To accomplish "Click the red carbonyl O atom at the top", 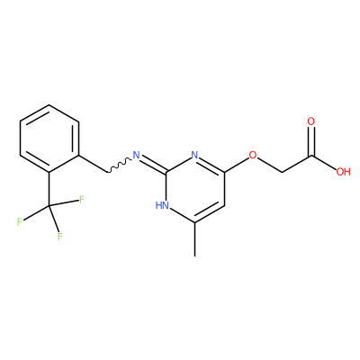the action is coord(311,121).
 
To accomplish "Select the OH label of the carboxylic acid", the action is coord(343,172).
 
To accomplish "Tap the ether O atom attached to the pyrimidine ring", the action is coord(253,155).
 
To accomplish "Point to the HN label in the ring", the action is coord(162,205).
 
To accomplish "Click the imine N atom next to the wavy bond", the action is coord(137,155).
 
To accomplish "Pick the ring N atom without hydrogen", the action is coord(195,155).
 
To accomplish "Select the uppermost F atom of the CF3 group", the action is coord(82,200).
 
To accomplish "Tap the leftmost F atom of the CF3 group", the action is coord(20,222).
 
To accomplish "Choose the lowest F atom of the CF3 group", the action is coord(60,237).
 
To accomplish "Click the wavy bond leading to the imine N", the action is coord(119,166).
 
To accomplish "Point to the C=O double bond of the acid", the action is coord(311,141).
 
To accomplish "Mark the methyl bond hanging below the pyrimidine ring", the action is coord(195,239).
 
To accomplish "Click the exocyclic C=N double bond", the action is coord(154,165).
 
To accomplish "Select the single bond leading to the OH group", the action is coord(324,163).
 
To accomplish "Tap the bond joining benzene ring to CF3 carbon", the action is coord(49,189).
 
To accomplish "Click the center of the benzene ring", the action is coord(49,139).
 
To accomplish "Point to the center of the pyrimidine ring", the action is coord(195,189).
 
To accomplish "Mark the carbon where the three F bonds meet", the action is coord(49,206).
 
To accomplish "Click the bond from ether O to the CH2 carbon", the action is coord(270,165).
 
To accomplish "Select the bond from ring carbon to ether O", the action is coord(237,165).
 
